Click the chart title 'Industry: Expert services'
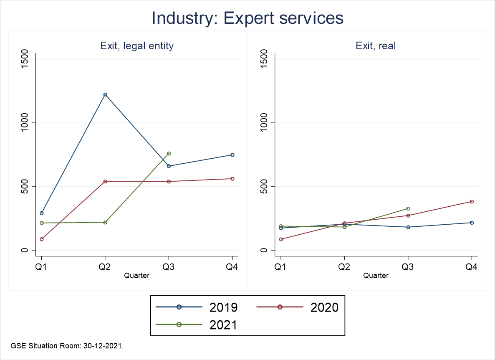pos(247,18)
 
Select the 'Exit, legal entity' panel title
pos(137,46)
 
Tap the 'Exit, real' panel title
pos(376,46)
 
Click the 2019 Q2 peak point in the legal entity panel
pos(105,94)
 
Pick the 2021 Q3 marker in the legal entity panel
pos(169,153)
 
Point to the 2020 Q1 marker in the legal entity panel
pos(42,239)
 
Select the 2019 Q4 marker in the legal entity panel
pos(232,155)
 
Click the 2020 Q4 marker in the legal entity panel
pos(232,179)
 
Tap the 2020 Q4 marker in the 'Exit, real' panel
pos(472,201)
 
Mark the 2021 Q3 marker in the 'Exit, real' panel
pos(408,208)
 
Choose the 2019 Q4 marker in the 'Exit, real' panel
pos(472,223)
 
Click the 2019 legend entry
pos(197,307)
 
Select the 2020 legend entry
pos(296,307)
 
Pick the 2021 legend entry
pos(197,325)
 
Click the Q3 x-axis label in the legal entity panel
pos(169,267)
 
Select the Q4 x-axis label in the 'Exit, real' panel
pos(472,267)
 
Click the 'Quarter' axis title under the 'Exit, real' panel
pos(376,276)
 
